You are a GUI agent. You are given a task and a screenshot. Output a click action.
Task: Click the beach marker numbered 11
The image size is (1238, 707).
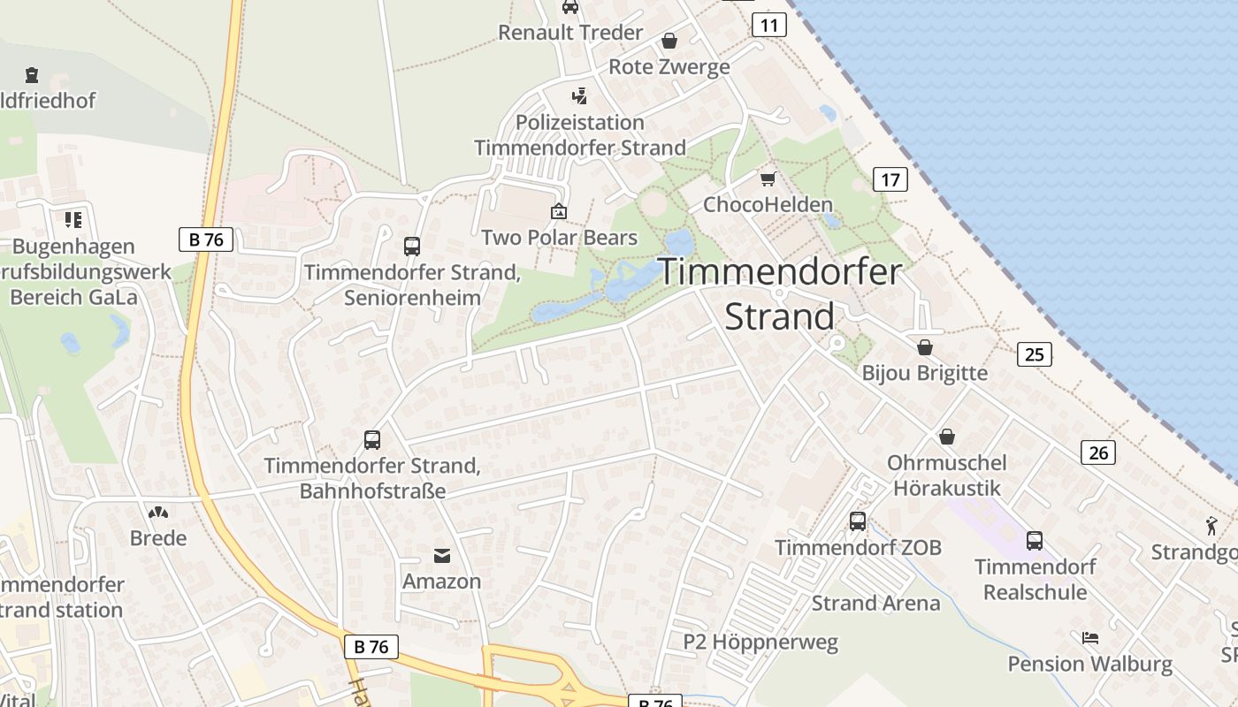tap(769, 25)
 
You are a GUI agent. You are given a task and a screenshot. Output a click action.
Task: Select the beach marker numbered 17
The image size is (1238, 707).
tap(890, 179)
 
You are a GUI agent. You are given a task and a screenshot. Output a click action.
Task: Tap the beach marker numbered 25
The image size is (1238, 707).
tap(1034, 354)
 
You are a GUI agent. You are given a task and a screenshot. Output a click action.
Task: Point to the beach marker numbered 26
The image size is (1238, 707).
tap(1097, 452)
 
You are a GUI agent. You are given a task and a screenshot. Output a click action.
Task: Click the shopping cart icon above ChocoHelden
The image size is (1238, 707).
tap(768, 179)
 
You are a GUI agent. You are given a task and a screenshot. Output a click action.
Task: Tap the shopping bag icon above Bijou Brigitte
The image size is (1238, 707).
tap(925, 346)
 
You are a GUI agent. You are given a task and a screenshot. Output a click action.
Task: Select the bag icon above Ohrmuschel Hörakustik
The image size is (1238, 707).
tap(947, 437)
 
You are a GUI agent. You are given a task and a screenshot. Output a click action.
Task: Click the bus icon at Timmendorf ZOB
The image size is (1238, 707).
tap(858, 521)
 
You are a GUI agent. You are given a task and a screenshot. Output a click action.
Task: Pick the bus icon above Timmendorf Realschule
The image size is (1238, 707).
tap(1035, 540)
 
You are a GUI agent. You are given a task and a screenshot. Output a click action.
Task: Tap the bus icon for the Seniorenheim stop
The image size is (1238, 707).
tap(412, 246)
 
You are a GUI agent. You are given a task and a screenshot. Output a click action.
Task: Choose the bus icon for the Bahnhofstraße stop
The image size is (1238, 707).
tap(372, 439)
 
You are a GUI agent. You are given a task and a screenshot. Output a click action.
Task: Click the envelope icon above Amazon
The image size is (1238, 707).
tap(441, 555)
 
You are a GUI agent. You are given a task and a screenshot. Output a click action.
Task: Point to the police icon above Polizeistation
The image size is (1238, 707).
tap(579, 95)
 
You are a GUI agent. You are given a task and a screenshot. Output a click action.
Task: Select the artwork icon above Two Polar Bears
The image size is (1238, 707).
tap(559, 211)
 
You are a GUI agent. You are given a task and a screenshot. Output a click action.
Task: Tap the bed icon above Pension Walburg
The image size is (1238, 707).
tap(1090, 637)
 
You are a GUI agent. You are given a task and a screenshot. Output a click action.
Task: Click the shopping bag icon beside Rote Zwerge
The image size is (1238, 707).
tap(669, 41)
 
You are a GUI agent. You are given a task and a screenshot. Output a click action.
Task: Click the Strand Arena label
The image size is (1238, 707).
tap(875, 604)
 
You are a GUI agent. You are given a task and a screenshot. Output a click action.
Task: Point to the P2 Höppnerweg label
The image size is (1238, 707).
tap(760, 642)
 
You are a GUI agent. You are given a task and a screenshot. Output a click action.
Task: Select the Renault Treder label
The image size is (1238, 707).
tap(570, 33)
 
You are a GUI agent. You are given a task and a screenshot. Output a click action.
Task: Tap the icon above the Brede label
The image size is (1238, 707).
tap(158, 512)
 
